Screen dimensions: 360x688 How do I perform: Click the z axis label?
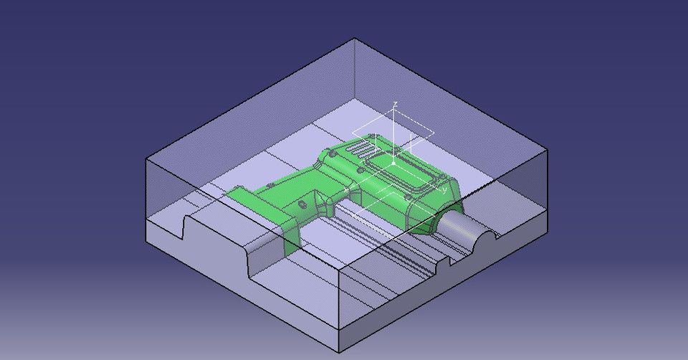coord(395,105)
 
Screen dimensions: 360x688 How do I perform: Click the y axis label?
coord(444,189)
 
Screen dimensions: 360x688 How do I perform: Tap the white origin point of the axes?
coord(393,164)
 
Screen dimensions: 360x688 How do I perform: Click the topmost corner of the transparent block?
coord(355,39)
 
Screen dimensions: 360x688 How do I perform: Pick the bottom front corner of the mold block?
coord(338,351)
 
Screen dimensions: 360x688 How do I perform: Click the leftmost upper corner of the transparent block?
coord(147,159)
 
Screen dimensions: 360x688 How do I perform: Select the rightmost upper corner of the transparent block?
coord(548,150)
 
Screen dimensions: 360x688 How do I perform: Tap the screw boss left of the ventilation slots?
coord(332,153)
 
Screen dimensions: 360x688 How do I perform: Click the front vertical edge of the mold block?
coord(338,308)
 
